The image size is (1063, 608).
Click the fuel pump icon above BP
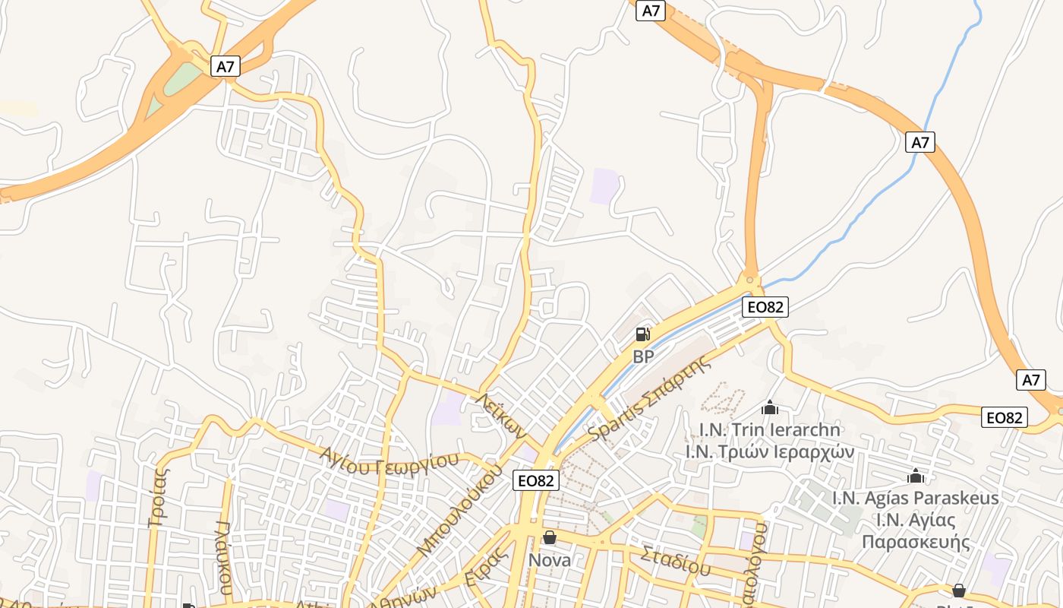coord(642,334)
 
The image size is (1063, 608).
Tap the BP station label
coord(643,356)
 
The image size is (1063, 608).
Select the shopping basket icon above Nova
coord(549,537)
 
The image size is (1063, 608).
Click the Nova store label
coord(549,560)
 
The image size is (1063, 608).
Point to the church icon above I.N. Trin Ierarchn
coord(770,408)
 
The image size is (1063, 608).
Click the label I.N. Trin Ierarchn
coord(770,429)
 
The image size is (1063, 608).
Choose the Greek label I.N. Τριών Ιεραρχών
coord(770,451)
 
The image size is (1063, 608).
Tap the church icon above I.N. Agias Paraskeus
coord(916,477)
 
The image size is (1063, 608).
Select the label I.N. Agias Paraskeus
coord(916,498)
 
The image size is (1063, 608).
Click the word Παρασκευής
coord(916,542)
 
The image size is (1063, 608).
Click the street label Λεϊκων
coord(501,416)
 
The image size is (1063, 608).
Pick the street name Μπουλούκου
coord(460,509)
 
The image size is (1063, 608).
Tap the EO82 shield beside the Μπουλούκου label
coord(536,480)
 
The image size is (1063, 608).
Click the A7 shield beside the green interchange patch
coord(226,66)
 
